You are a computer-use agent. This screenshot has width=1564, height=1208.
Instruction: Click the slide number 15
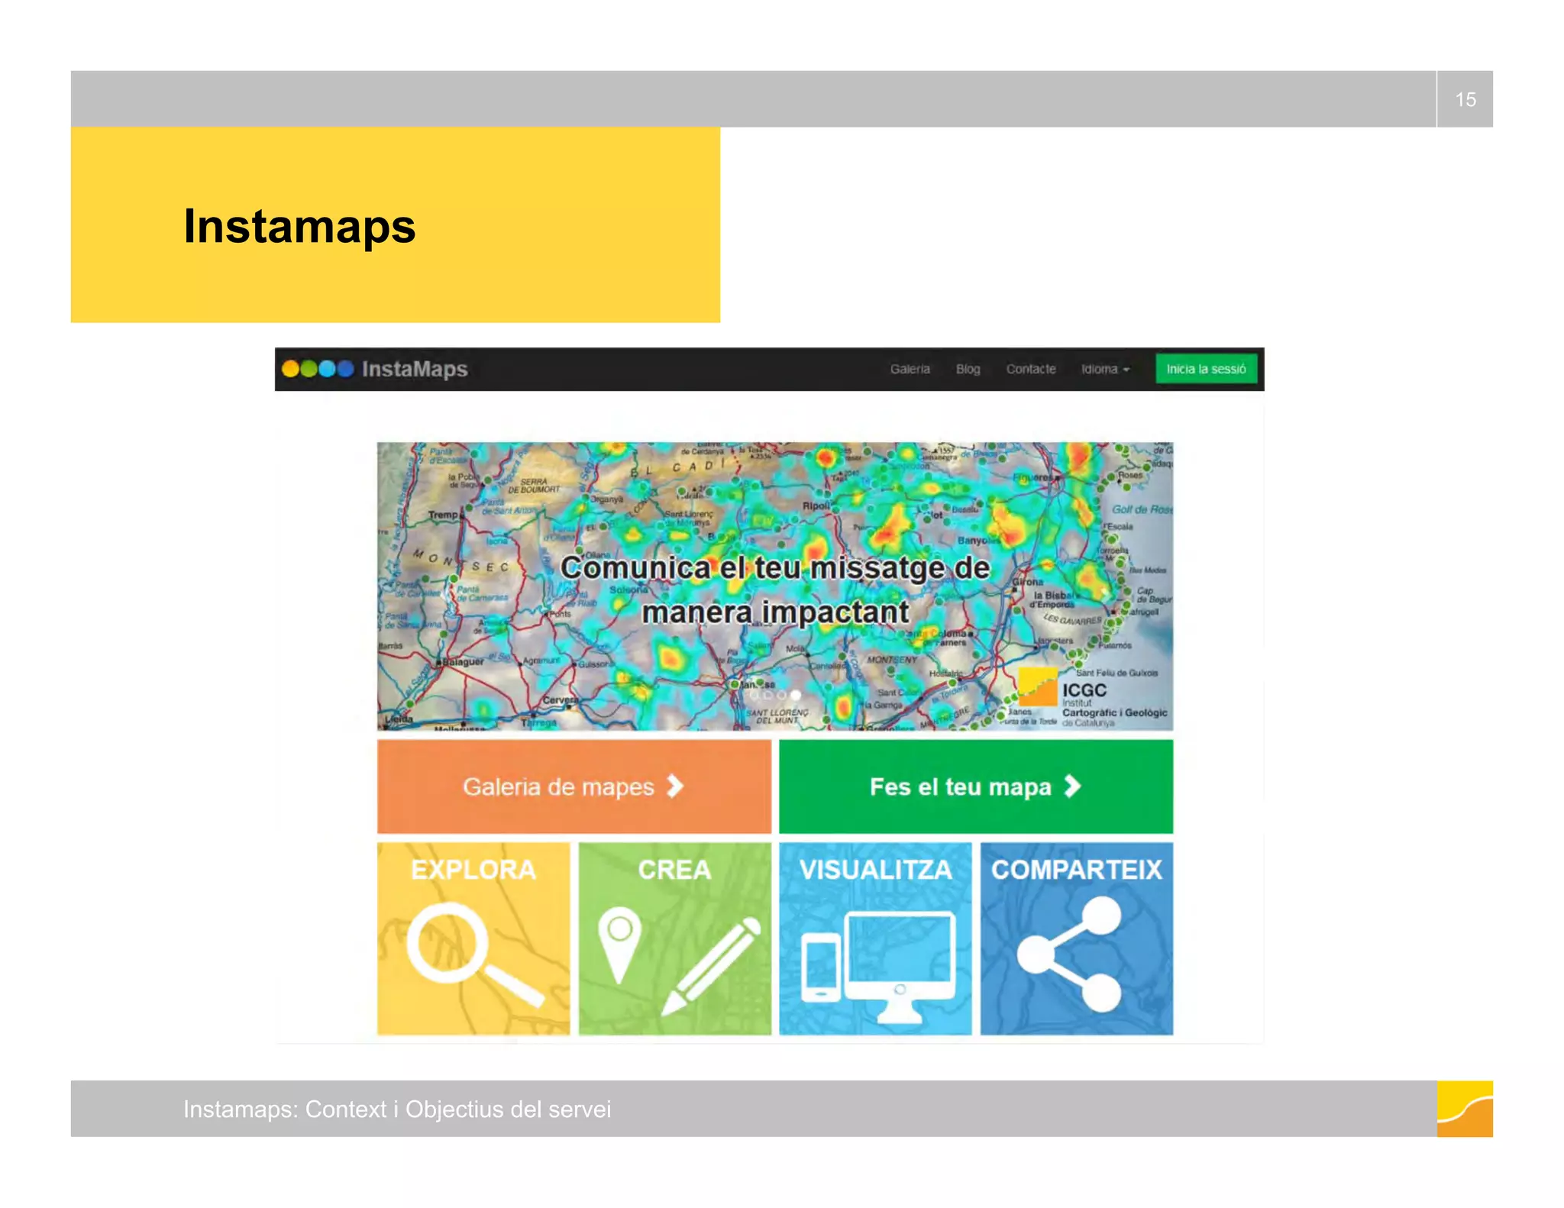tap(1465, 100)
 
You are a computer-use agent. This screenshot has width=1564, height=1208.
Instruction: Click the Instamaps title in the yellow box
tap(299, 227)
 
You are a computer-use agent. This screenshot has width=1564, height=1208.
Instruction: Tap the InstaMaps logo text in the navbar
tap(414, 370)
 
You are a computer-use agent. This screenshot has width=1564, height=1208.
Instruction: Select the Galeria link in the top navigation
tap(910, 370)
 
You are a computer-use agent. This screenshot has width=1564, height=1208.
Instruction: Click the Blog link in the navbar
tap(968, 370)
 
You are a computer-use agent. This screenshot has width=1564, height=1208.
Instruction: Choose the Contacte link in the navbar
tap(1030, 370)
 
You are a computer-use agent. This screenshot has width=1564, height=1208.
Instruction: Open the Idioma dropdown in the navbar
tap(1104, 370)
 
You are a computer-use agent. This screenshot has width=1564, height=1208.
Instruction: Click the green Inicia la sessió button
tap(1205, 370)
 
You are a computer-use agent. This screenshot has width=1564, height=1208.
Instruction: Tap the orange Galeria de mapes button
tap(574, 786)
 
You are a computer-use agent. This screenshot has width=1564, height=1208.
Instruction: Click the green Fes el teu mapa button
tap(975, 786)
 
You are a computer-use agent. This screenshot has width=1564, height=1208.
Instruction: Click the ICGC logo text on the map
tap(1084, 690)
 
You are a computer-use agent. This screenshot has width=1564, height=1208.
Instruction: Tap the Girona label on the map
tap(1028, 582)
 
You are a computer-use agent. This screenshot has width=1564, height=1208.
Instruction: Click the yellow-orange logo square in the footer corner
tap(1464, 1109)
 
